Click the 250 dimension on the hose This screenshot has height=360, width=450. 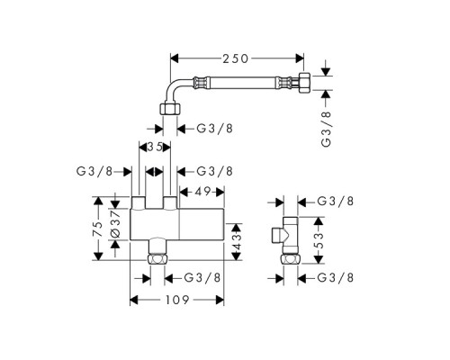coord(235,58)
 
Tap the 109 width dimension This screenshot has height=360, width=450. coord(177,300)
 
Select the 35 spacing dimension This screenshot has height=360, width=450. coord(155,147)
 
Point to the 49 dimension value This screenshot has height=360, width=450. coord(202,192)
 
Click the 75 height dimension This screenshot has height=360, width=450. coord(98,229)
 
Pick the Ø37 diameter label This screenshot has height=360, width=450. coord(115,224)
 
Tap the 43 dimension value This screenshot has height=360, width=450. coord(237,241)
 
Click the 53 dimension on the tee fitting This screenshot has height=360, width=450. coord(319,239)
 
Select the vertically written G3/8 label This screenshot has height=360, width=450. coord(326,129)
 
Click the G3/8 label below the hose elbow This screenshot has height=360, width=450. coord(214,129)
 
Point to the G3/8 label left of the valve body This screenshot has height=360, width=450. coord(94,171)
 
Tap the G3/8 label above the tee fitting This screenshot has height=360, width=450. coord(336,201)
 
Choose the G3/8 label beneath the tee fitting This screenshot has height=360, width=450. coord(336,278)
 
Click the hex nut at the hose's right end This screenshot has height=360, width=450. coord(306,82)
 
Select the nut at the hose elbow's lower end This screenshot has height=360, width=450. coord(170,108)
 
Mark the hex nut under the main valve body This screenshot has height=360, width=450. coord(157,259)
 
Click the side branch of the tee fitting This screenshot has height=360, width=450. coord(277,235)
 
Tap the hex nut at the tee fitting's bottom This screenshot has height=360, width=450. coord(291,259)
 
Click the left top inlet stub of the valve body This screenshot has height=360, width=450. coord(139,202)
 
